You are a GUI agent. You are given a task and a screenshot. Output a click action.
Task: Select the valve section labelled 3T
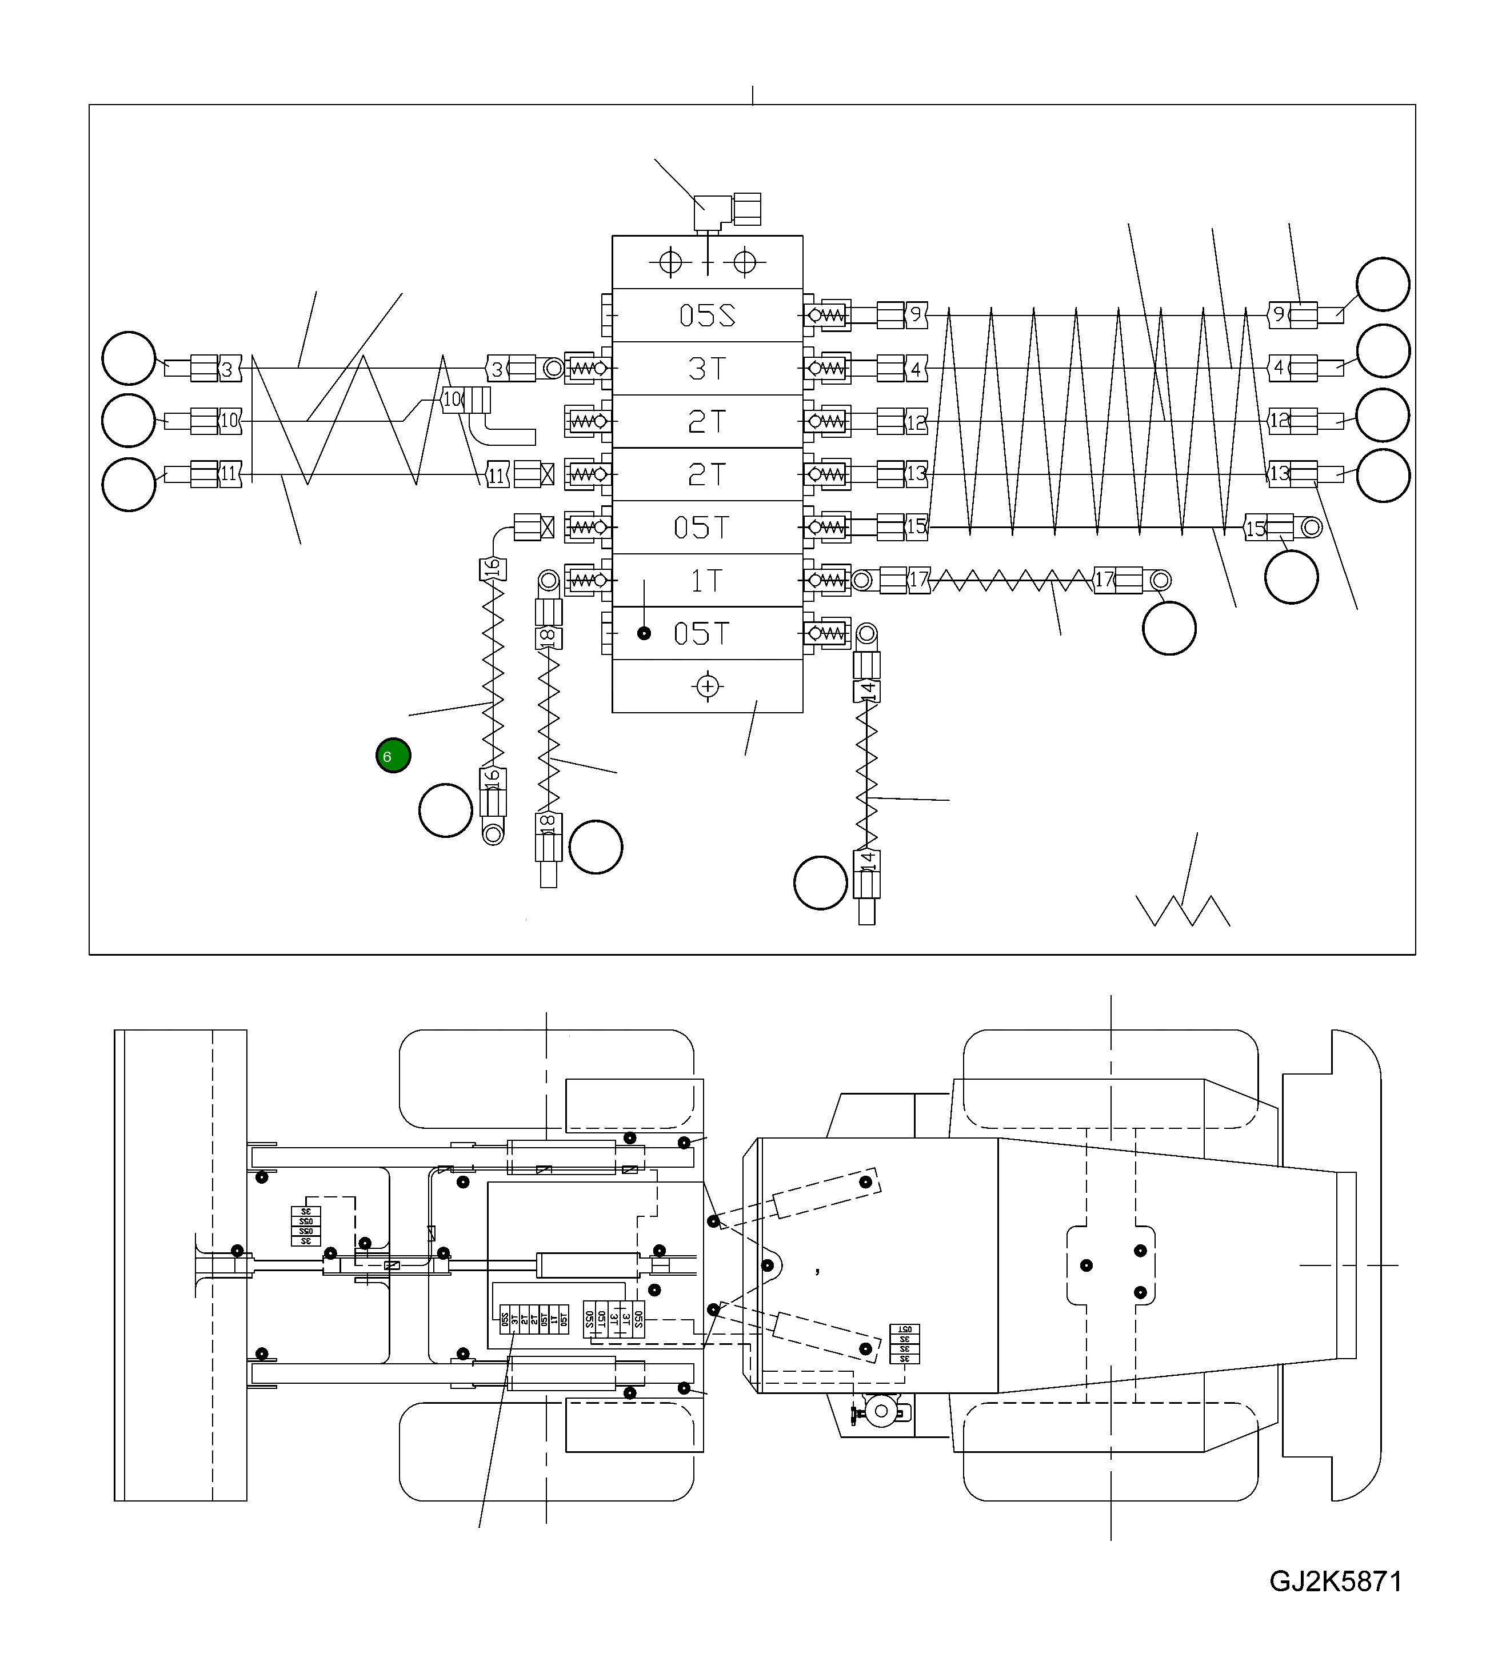click(707, 368)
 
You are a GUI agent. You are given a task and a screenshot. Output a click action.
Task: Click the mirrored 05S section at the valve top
click(707, 316)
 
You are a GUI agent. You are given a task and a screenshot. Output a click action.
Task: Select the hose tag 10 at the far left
click(229, 420)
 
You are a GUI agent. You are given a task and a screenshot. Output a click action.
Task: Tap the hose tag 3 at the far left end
click(229, 368)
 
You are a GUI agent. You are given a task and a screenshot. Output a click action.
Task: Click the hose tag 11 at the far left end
click(229, 474)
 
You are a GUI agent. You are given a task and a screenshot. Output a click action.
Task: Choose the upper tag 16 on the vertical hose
click(493, 569)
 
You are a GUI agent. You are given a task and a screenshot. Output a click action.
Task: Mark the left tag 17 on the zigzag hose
click(918, 580)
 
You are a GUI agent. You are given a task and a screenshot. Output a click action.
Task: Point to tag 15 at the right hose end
click(1255, 528)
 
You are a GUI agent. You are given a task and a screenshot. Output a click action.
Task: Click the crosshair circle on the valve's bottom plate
click(707, 686)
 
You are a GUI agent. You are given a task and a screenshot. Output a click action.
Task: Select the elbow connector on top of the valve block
click(710, 213)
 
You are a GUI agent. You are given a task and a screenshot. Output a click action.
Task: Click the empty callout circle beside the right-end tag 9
click(1383, 284)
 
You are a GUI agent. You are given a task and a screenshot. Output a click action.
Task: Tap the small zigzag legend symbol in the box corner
click(1183, 911)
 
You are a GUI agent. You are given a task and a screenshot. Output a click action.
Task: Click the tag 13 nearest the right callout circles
click(1279, 474)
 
